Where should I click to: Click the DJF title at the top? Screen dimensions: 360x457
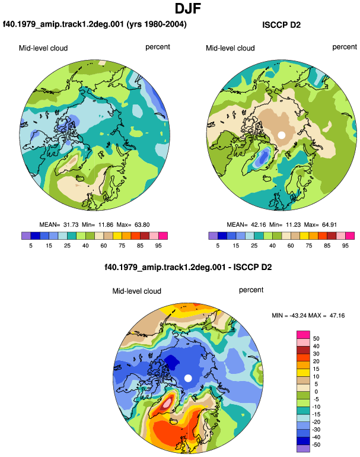[188, 8]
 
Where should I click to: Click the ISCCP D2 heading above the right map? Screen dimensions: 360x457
[281, 25]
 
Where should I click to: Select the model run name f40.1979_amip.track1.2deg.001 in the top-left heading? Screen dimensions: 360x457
[63, 24]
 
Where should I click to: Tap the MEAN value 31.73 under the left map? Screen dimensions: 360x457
[71, 225]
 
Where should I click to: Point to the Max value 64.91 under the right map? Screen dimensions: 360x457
[329, 225]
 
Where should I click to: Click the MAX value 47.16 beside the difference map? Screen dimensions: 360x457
[337, 315]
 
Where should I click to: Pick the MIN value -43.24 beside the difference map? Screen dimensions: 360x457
[298, 315]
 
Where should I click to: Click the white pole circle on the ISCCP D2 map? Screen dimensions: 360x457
[281, 135]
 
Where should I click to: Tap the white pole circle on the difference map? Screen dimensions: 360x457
[188, 378]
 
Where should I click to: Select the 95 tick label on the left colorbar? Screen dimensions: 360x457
[158, 246]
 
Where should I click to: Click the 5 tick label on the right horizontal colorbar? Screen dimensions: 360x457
[218, 246]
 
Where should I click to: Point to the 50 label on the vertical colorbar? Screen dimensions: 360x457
[316, 339]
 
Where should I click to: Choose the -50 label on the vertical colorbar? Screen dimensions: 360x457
[316, 445]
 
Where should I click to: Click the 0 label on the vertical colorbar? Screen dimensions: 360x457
[316, 392]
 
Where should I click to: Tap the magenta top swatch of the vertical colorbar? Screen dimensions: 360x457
[303, 335]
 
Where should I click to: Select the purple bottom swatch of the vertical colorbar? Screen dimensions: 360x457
[303, 449]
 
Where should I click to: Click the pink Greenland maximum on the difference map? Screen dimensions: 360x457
[167, 404]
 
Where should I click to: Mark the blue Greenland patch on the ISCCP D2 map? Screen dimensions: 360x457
[263, 158]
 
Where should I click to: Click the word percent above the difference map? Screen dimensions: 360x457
[251, 290]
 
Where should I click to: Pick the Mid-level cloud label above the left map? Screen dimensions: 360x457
[43, 48]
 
